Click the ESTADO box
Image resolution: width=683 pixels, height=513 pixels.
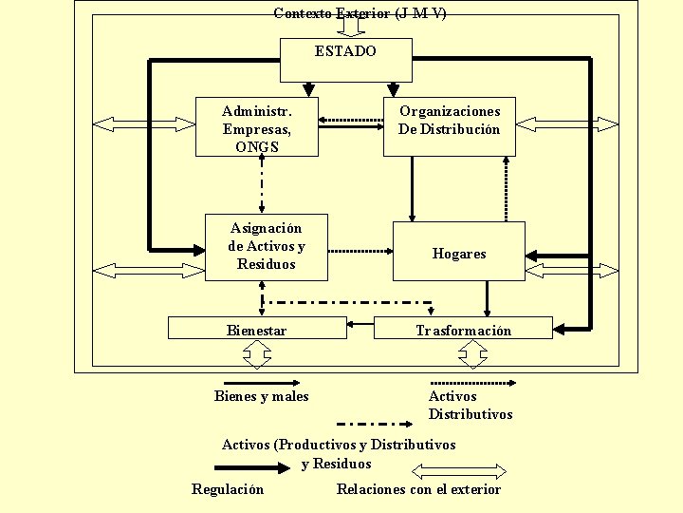click(x=346, y=60)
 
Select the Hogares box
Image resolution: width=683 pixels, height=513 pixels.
click(x=459, y=251)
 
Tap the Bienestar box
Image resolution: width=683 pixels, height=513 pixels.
click(x=257, y=328)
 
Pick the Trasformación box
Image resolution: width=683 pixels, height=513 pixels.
click(x=463, y=328)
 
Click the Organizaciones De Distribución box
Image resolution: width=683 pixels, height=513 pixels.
click(x=450, y=126)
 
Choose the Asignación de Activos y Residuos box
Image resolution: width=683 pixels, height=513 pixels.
click(x=267, y=247)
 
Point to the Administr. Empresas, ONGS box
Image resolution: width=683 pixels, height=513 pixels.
click(x=257, y=126)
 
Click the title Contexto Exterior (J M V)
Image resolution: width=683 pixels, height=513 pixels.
click(x=360, y=13)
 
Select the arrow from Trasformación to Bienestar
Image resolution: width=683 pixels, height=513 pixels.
click(x=360, y=324)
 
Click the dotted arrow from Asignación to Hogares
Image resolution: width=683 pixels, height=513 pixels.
click(x=360, y=251)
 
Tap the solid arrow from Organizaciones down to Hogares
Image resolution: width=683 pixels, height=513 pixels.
click(x=412, y=189)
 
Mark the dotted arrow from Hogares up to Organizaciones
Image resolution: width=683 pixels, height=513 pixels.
click(x=506, y=189)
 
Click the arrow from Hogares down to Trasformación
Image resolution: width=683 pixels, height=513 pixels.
click(x=487, y=299)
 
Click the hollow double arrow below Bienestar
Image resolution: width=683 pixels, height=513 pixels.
click(x=257, y=354)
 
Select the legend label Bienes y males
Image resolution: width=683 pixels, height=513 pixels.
click(x=262, y=396)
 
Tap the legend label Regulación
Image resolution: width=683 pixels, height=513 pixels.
click(x=228, y=489)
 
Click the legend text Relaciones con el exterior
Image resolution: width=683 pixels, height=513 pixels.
click(x=418, y=489)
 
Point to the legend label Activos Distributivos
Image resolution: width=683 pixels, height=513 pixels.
click(x=471, y=405)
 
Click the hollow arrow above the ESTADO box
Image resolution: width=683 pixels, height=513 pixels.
click(x=351, y=28)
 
